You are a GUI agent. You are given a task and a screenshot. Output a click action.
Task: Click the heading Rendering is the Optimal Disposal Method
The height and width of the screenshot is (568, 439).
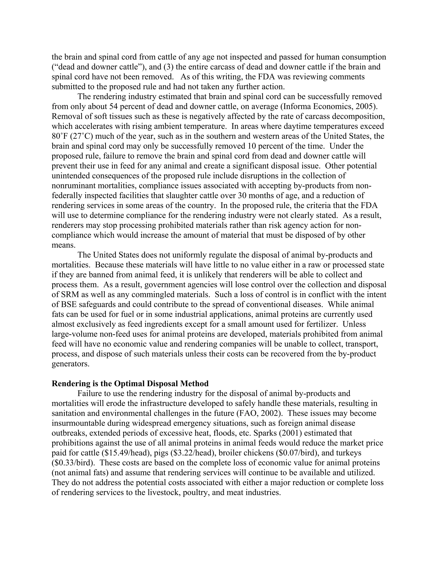click(x=130, y=384)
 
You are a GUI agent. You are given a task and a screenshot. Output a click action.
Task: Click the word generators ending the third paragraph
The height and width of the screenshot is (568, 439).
click(x=71, y=364)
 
